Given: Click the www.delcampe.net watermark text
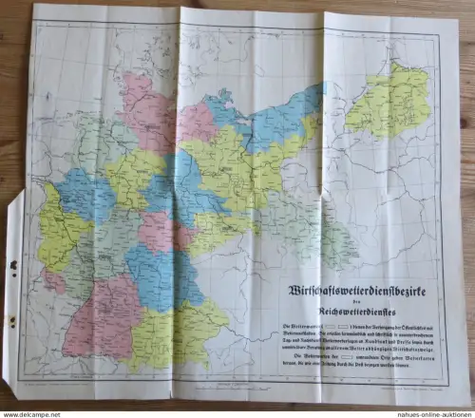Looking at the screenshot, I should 27,413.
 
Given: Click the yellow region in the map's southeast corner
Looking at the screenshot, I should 185,332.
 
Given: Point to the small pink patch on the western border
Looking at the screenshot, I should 54,280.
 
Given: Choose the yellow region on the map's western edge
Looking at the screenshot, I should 57,228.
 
